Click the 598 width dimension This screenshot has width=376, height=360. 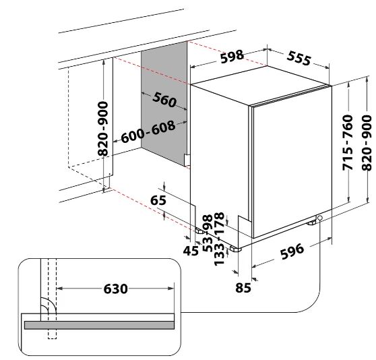(x=232, y=57)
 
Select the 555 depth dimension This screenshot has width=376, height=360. (x=299, y=58)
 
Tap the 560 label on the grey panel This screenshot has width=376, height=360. (x=164, y=100)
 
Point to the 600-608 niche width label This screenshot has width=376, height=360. (x=148, y=131)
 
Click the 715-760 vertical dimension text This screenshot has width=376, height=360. (x=348, y=143)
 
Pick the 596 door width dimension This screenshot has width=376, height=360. (x=292, y=251)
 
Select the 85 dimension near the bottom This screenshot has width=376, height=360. (x=243, y=287)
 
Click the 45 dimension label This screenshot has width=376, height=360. (x=191, y=251)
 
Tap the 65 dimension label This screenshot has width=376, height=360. (x=158, y=200)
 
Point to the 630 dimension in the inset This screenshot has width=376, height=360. (x=115, y=289)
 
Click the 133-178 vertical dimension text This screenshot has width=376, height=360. (x=219, y=239)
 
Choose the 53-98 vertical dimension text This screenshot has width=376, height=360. (x=208, y=233)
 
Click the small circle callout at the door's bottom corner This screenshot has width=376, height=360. (x=319, y=218)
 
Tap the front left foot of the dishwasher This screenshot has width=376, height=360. (x=235, y=249)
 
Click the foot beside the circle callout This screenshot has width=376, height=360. (x=311, y=222)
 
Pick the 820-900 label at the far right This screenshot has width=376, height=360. (x=367, y=143)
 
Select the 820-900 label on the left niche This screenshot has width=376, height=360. (x=103, y=129)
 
